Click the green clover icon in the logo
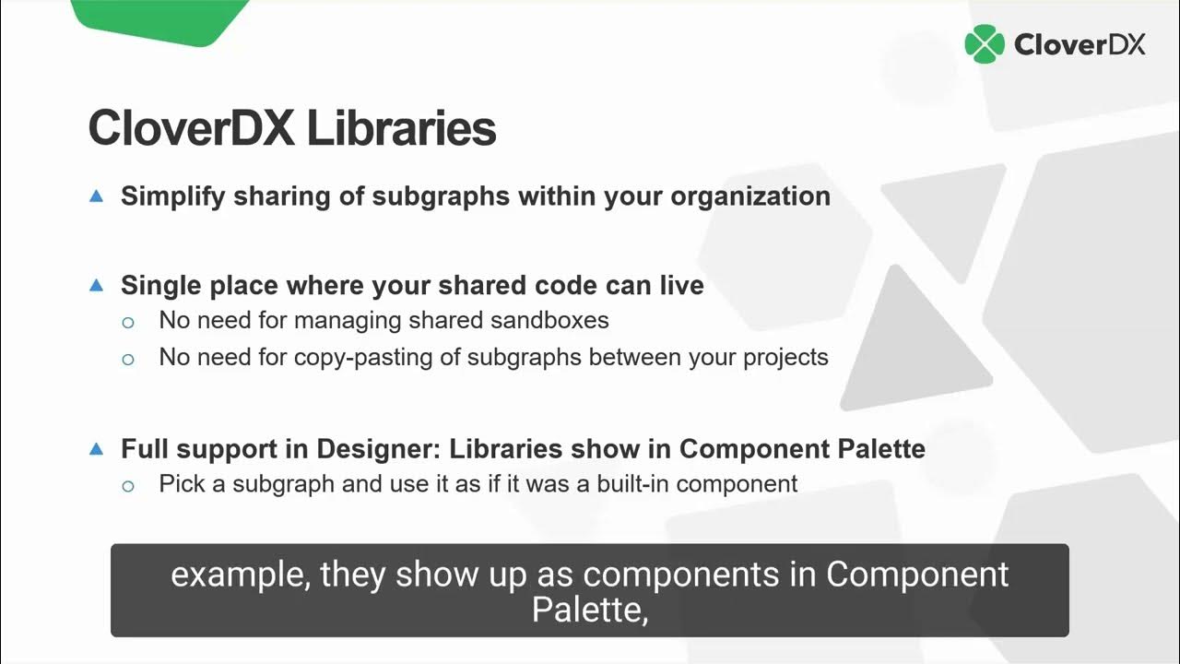coord(984,44)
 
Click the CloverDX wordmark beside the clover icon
coord(1080,44)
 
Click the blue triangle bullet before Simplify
coord(96,196)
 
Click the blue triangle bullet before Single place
coord(96,286)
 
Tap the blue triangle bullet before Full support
coord(96,449)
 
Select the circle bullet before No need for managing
coord(128,323)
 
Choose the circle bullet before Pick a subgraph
coord(128,485)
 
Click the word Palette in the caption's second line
coord(586,609)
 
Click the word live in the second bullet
coord(681,286)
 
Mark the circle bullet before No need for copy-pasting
coord(128,359)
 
